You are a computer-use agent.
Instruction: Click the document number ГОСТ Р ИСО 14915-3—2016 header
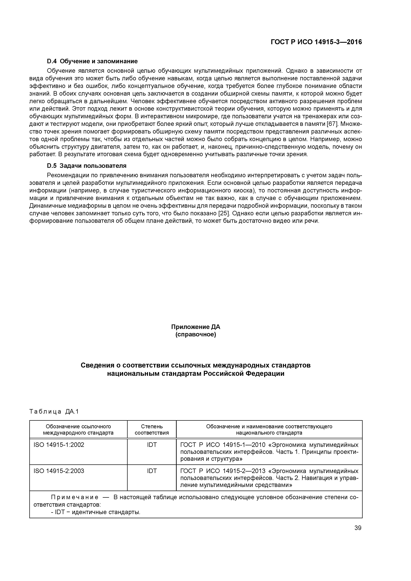pos(316,42)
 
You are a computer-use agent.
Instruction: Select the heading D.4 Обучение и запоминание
pos(92,61)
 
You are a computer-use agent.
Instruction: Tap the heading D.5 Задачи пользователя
pos(87,166)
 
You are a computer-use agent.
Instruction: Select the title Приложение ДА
pos(196,327)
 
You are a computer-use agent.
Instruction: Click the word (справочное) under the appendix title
pos(196,335)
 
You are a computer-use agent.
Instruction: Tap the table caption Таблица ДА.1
pos(54,412)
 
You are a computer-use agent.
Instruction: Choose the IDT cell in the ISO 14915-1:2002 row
pos(152,445)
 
